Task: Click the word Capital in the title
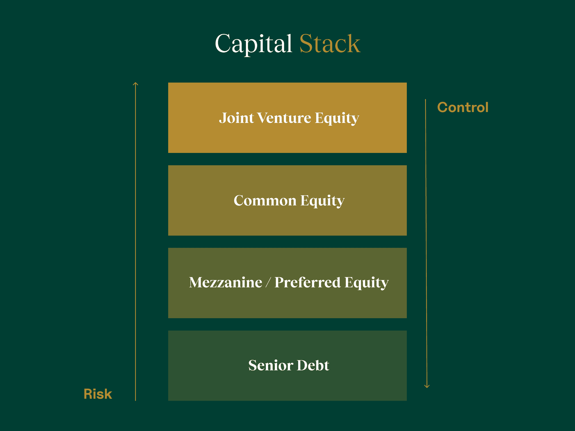click(254, 44)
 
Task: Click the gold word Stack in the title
click(330, 44)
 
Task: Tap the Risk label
click(98, 394)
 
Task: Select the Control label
click(463, 107)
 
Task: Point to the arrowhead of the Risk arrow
click(135, 84)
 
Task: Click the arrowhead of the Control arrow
click(427, 386)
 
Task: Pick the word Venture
click(284, 118)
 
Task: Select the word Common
click(265, 201)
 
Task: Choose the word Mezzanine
click(225, 282)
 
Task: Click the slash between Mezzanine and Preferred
click(268, 283)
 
